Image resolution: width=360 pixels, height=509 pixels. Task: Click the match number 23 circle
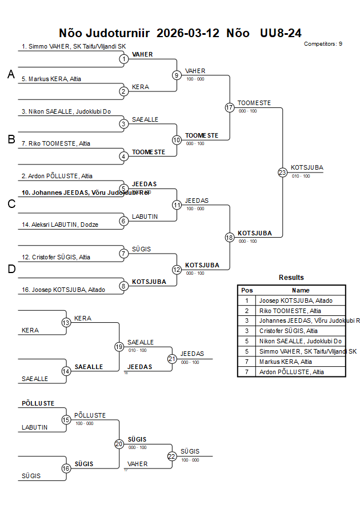coord(282,172)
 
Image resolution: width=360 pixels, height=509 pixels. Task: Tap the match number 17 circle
coord(230,107)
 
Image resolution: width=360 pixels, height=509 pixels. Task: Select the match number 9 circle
coord(177,75)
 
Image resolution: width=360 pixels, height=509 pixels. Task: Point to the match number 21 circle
coord(172,359)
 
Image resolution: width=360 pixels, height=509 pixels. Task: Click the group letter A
coord(11,74)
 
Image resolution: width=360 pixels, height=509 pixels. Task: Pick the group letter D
coord(11,270)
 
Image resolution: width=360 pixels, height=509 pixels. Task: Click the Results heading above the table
coord(291,278)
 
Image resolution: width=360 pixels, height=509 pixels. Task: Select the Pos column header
coord(247,290)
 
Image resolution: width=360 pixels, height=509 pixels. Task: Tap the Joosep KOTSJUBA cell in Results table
coord(295,300)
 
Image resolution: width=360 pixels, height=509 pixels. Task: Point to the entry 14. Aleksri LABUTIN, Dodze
coord(60,225)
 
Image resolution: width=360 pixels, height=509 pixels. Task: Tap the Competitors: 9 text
coord(323,44)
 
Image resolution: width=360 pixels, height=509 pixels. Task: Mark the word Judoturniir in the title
coord(117,33)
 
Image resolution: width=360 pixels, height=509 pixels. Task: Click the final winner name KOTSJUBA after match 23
coord(307,167)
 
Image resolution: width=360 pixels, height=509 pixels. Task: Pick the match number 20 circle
coord(119,443)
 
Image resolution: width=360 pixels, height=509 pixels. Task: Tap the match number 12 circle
coord(177,269)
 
